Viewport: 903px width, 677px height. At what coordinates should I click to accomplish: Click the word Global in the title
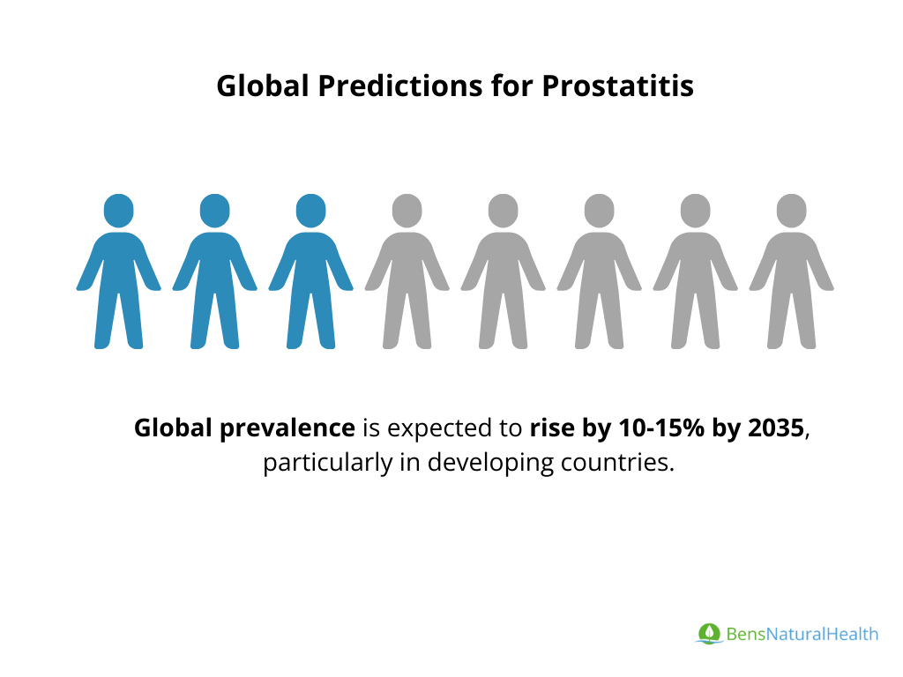263,86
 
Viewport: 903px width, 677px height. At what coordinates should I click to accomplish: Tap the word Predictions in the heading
400,86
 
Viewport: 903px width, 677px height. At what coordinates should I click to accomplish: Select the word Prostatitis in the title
617,86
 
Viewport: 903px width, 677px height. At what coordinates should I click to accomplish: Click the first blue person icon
119,272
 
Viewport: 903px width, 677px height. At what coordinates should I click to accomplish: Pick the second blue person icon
215,272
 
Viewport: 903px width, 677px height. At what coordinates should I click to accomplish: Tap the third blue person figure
311,272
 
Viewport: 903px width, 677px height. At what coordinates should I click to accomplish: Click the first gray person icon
407,272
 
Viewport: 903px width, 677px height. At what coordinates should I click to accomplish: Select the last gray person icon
791,272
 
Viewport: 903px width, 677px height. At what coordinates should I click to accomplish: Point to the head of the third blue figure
311,211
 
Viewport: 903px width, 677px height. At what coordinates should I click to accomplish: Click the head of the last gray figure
791,211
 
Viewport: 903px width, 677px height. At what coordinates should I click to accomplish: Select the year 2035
776,428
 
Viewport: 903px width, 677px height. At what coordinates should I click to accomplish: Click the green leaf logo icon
709,633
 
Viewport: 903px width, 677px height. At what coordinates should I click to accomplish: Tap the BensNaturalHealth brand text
802,634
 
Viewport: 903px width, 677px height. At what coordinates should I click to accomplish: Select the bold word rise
552,428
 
